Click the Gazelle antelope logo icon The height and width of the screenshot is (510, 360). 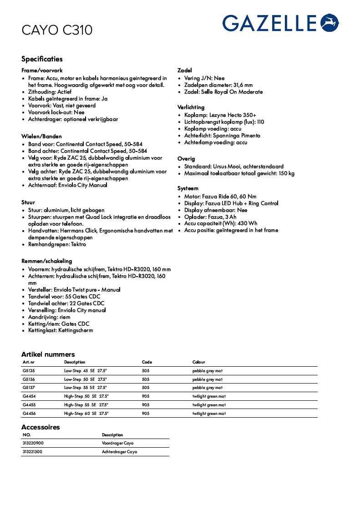point(330,23)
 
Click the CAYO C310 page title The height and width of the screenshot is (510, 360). point(57,30)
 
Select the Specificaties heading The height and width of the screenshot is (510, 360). point(42,59)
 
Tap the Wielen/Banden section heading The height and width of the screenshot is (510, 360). point(41,136)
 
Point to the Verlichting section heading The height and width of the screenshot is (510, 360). point(191,107)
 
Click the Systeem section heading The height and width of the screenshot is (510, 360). point(188,188)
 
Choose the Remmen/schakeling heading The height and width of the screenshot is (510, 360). point(46,261)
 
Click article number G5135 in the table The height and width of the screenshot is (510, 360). point(29,371)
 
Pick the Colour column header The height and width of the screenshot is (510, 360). point(199,362)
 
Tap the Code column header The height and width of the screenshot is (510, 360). point(147,362)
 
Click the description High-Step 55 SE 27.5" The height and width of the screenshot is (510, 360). point(86,405)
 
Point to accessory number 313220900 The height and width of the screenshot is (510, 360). point(33,443)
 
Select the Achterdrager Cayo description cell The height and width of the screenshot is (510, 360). point(119,452)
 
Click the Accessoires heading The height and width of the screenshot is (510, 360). point(41,427)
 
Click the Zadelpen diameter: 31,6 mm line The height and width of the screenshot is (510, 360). point(218,85)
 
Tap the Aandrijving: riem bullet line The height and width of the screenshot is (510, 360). point(49,317)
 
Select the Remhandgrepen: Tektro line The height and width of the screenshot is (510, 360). point(57,244)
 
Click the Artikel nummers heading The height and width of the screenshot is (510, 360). point(48,354)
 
